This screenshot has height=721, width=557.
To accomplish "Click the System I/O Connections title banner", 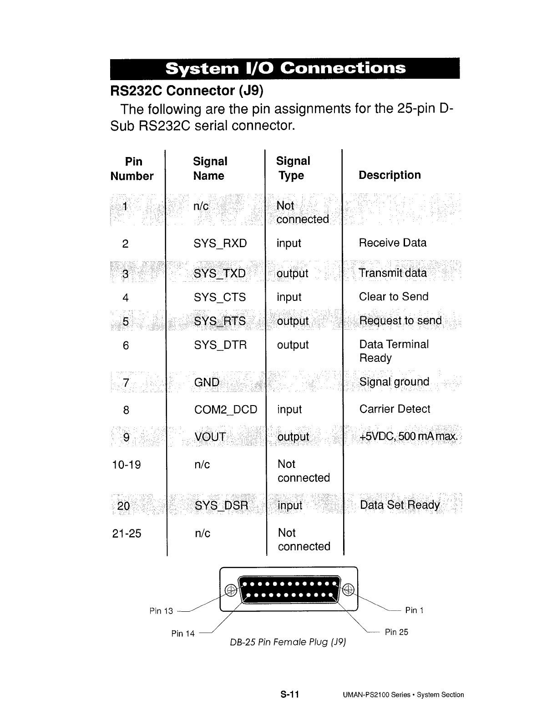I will click(x=285, y=68).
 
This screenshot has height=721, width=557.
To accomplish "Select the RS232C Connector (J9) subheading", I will click(x=187, y=91).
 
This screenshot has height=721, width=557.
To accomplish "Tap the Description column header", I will click(x=390, y=175).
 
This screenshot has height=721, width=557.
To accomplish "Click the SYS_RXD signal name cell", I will click(x=220, y=244).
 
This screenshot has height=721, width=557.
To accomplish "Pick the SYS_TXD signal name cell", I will click(x=220, y=274).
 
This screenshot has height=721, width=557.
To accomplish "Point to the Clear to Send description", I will click(x=394, y=297).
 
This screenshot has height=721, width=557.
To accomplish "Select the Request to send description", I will click(x=400, y=321).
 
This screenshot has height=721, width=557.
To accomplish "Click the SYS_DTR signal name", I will click(x=220, y=345).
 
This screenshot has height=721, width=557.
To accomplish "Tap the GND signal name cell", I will click(x=207, y=382).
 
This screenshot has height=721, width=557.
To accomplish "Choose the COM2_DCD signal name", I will click(x=226, y=410).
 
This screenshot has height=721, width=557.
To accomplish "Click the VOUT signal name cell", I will click(x=210, y=437).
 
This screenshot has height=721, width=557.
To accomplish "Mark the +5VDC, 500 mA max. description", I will click(x=408, y=437).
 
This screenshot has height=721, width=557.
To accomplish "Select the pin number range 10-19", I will click(x=127, y=465).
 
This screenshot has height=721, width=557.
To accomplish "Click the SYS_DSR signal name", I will click(x=222, y=506).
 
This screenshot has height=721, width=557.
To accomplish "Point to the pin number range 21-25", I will click(x=127, y=533).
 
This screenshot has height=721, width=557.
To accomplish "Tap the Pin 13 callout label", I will click(x=161, y=611).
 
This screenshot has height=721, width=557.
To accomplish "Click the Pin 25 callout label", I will click(x=396, y=632).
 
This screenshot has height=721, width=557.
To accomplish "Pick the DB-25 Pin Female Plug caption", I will click(x=288, y=642).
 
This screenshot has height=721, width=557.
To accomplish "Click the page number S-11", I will click(x=289, y=695).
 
